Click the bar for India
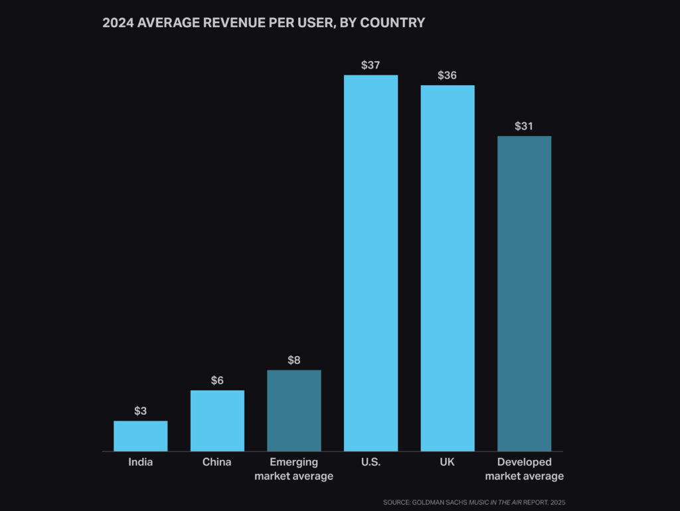coord(140,436)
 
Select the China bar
coord(217,421)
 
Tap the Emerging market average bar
coord(294,411)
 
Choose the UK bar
coord(447,268)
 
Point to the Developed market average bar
coord(524,293)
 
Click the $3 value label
coord(140,411)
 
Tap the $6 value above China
coord(217,380)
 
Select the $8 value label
coord(294,360)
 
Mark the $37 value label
coord(371,65)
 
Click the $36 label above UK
coord(447,75)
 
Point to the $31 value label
coord(524,126)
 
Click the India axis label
coord(140,462)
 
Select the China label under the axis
coord(217,462)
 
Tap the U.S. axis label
coord(371,462)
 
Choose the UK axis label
coord(447,462)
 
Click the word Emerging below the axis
coord(294,462)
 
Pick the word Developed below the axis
coord(524,462)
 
